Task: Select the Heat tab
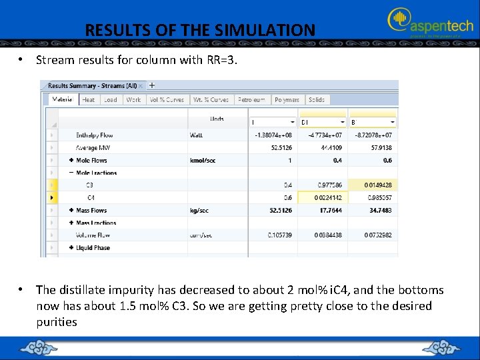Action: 89,99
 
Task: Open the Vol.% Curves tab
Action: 166,99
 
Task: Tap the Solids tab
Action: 317,99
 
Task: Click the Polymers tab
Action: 287,99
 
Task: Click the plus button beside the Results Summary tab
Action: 152,85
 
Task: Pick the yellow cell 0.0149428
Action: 377,185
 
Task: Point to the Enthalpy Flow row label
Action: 95,135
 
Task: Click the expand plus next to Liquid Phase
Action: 71,248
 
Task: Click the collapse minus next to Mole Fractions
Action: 71,173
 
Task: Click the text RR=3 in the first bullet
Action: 221,60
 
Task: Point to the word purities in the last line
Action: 57,322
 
